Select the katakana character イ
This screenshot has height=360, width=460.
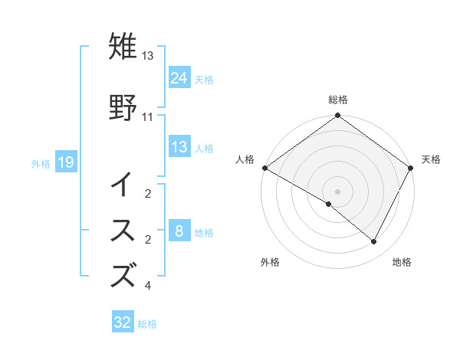[123, 185]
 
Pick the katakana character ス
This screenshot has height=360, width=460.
[123, 231]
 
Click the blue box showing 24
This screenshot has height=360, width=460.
[179, 78]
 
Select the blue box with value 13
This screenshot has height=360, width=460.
[179, 147]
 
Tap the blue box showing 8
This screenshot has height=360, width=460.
[179, 231]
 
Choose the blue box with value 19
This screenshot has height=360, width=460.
[65, 162]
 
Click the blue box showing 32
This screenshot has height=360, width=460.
[123, 322]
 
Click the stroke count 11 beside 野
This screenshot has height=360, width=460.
[148, 117]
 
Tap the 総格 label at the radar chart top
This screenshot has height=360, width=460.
[337, 100]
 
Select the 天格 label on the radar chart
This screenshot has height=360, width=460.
[431, 159]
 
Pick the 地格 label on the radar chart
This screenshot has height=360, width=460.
[402, 262]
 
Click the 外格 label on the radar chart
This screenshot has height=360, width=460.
[270, 262]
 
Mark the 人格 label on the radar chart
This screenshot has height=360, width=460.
[244, 159]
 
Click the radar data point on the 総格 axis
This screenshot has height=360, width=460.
[337, 116]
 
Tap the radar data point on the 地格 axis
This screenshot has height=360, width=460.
[374, 242]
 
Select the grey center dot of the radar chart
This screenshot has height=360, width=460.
[337, 191]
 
